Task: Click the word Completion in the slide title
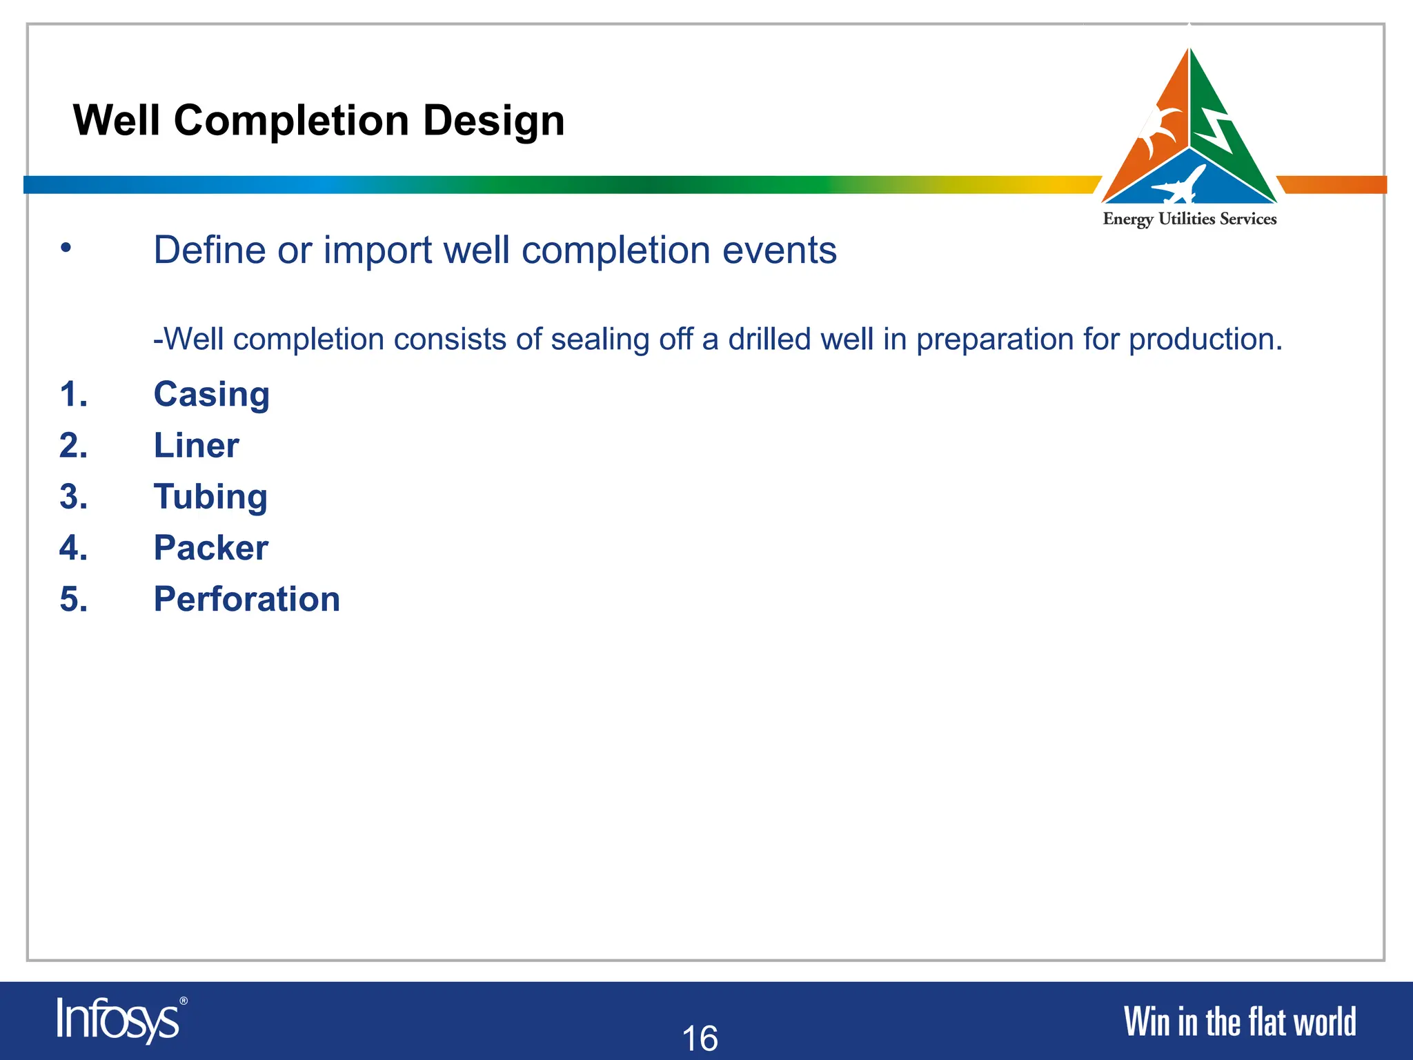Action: coord(290,121)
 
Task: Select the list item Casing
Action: coord(211,395)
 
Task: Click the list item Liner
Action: coord(196,446)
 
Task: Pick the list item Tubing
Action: coord(210,497)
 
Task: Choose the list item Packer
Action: coord(210,548)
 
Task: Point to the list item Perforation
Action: coord(246,599)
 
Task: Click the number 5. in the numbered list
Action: coord(74,599)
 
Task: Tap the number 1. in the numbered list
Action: coord(74,395)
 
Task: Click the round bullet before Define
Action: coord(66,248)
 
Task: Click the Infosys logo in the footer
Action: coord(121,1020)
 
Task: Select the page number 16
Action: coord(700,1038)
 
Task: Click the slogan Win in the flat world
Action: coord(1240,1022)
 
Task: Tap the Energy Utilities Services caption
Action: coord(1189,219)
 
